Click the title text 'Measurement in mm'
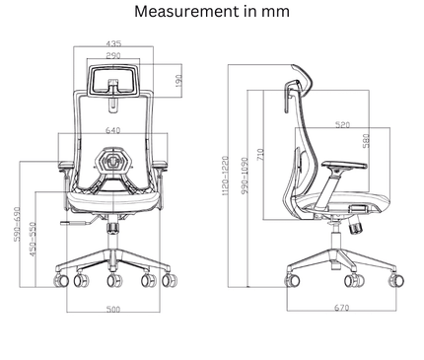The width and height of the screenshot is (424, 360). [211, 14]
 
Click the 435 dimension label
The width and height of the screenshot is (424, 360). [113, 44]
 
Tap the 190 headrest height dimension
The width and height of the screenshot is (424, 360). [177, 80]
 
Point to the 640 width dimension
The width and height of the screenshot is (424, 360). [113, 129]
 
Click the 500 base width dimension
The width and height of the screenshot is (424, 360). [113, 312]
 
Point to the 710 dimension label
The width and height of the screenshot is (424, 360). [260, 154]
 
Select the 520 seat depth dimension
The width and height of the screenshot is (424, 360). [342, 125]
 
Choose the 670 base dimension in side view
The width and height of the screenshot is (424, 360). [341, 309]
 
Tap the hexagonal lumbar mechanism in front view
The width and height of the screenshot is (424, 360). [113, 160]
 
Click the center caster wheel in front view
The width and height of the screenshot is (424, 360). [113, 283]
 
